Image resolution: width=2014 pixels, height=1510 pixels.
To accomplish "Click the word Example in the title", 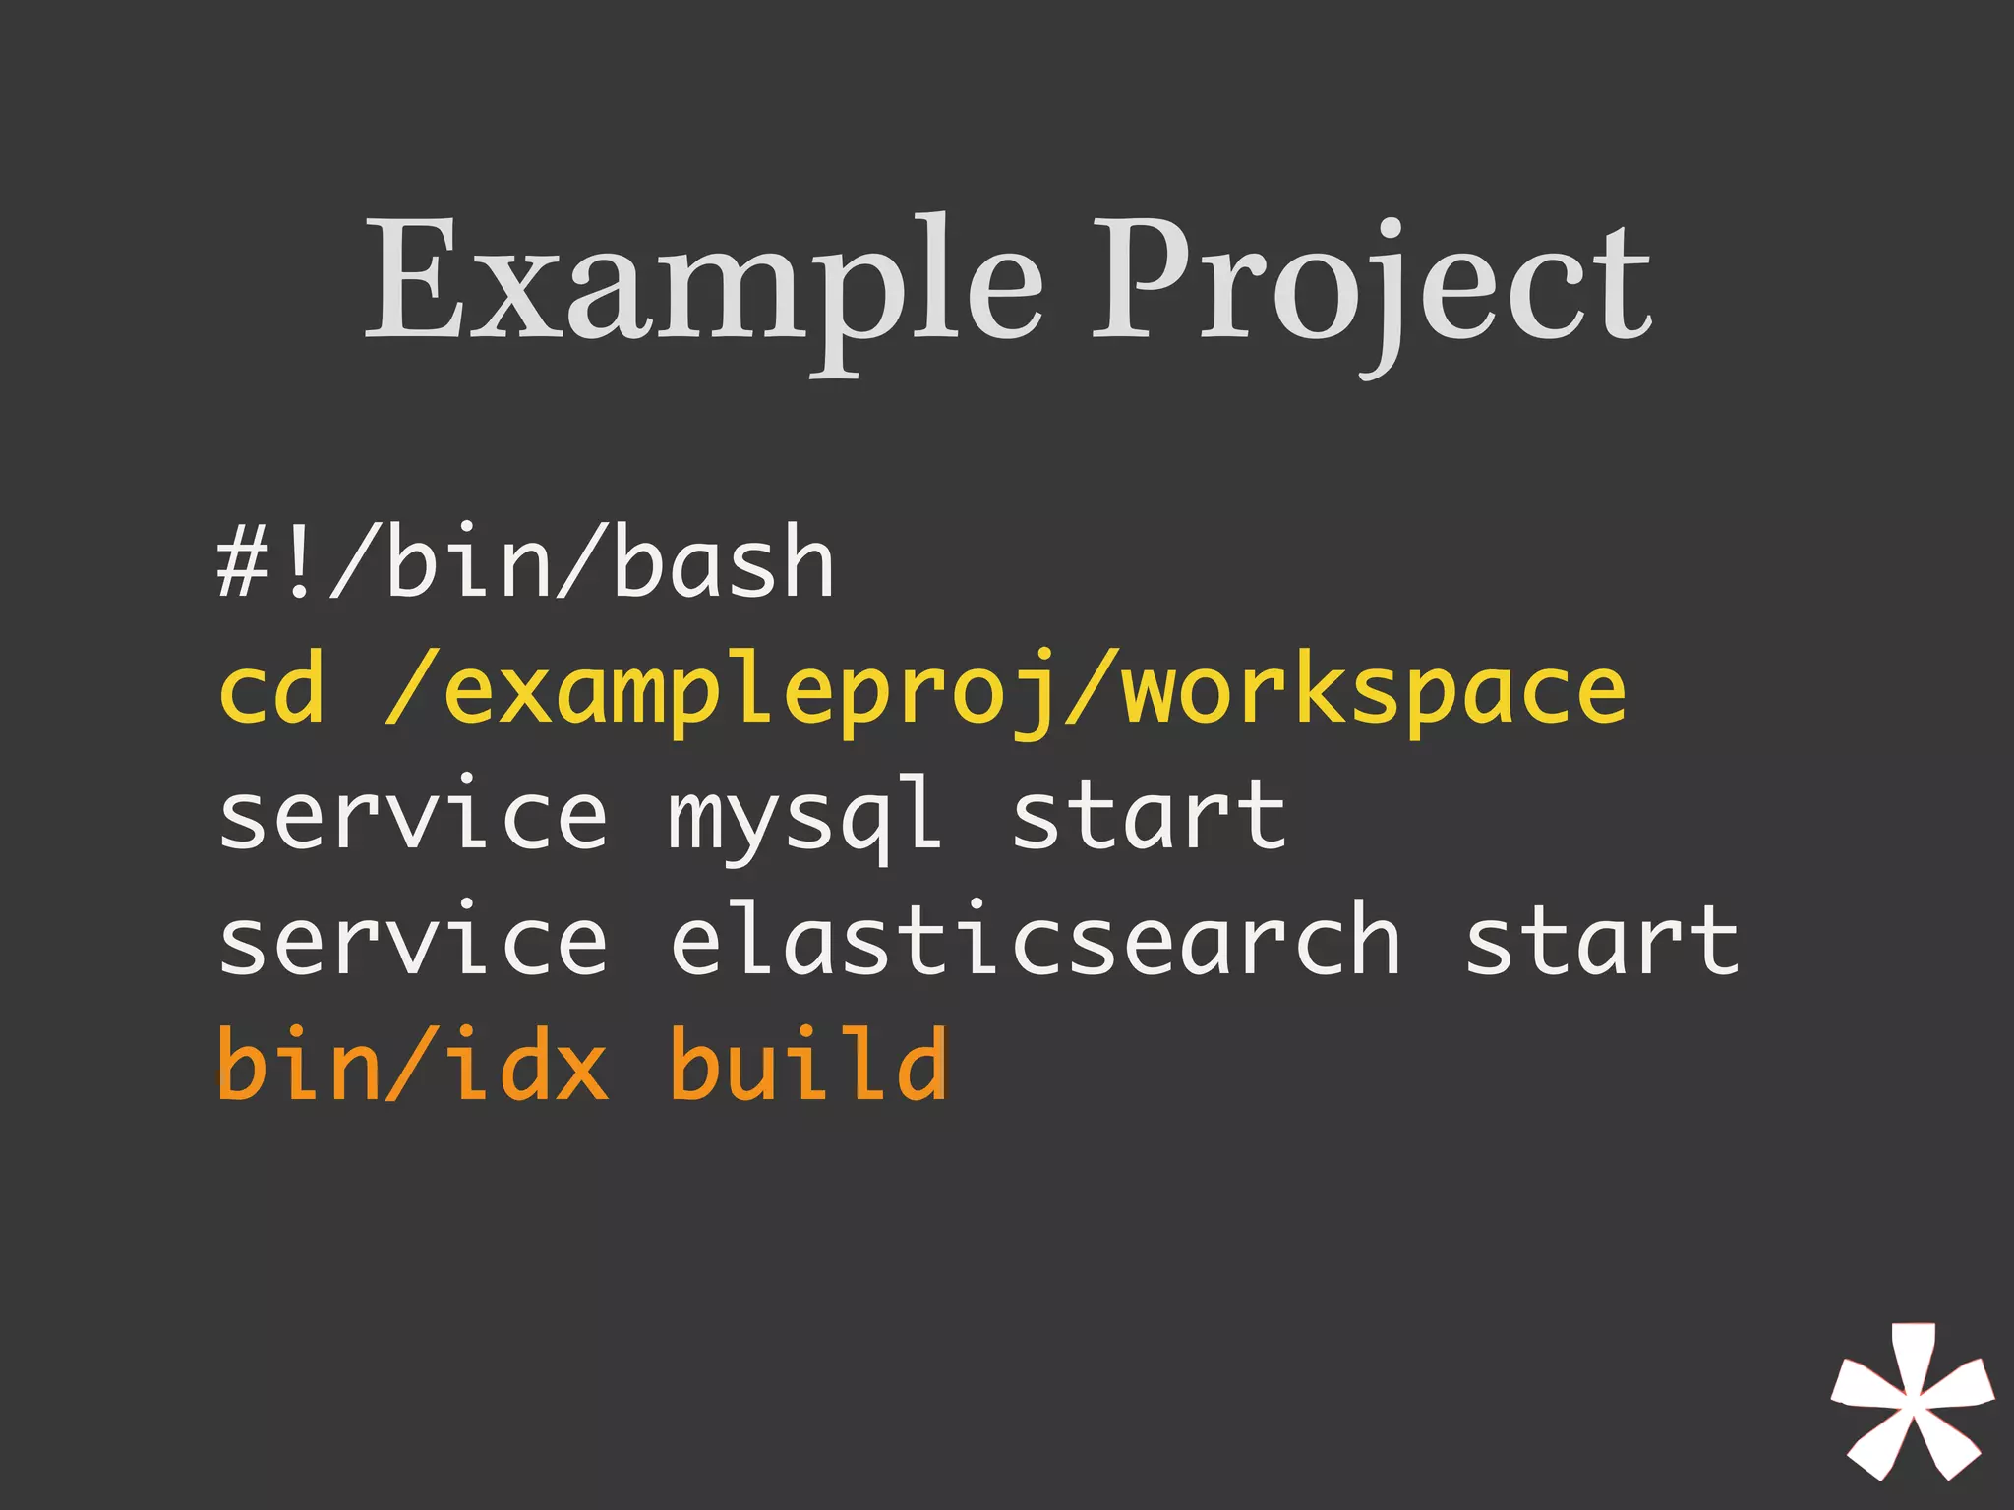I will (704, 280).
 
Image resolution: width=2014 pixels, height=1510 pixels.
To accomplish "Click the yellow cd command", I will (271, 690).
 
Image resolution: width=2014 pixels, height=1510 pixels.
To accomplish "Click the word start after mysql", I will (1149, 816).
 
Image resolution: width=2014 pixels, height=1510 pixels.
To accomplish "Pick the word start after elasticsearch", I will (1602, 941).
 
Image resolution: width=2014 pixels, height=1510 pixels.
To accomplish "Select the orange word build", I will (808, 1065).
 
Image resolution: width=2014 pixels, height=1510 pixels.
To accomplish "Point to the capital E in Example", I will (413, 280).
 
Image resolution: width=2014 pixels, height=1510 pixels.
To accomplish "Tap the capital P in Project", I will (1146, 280).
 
